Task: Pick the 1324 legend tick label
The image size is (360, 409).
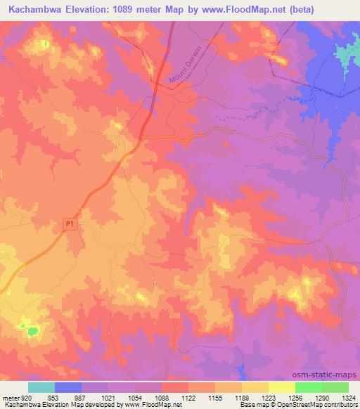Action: (x=348, y=397)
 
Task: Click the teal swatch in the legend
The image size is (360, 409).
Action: (x=41, y=387)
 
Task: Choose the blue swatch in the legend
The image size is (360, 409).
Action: (x=68, y=387)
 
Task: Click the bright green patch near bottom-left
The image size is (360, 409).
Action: (x=32, y=329)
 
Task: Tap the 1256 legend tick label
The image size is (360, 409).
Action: (x=296, y=397)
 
